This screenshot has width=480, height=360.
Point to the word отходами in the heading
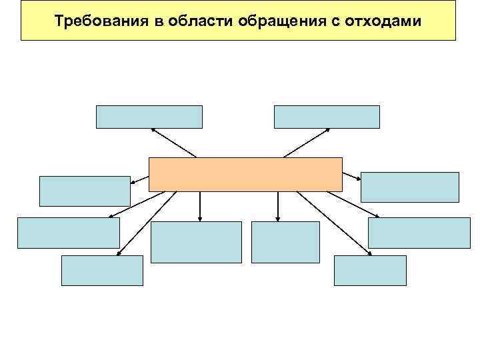point(383,21)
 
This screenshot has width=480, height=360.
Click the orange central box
point(245,175)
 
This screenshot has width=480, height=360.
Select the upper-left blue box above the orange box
point(149,117)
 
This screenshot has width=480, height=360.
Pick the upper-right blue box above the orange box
point(327,117)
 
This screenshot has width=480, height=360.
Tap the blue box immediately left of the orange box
point(85,191)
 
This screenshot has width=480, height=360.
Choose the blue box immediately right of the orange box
point(410,187)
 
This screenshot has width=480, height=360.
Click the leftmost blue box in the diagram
point(68,233)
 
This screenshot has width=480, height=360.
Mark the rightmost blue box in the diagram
point(419,233)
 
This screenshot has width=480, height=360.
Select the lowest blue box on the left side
point(102,271)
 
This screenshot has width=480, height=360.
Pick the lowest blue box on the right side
point(370,271)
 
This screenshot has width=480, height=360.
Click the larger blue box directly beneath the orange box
point(196,242)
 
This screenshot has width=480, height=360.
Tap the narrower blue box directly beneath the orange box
point(285,242)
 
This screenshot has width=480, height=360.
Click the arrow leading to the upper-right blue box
point(307,142)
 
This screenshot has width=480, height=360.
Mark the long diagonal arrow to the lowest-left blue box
point(147,222)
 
